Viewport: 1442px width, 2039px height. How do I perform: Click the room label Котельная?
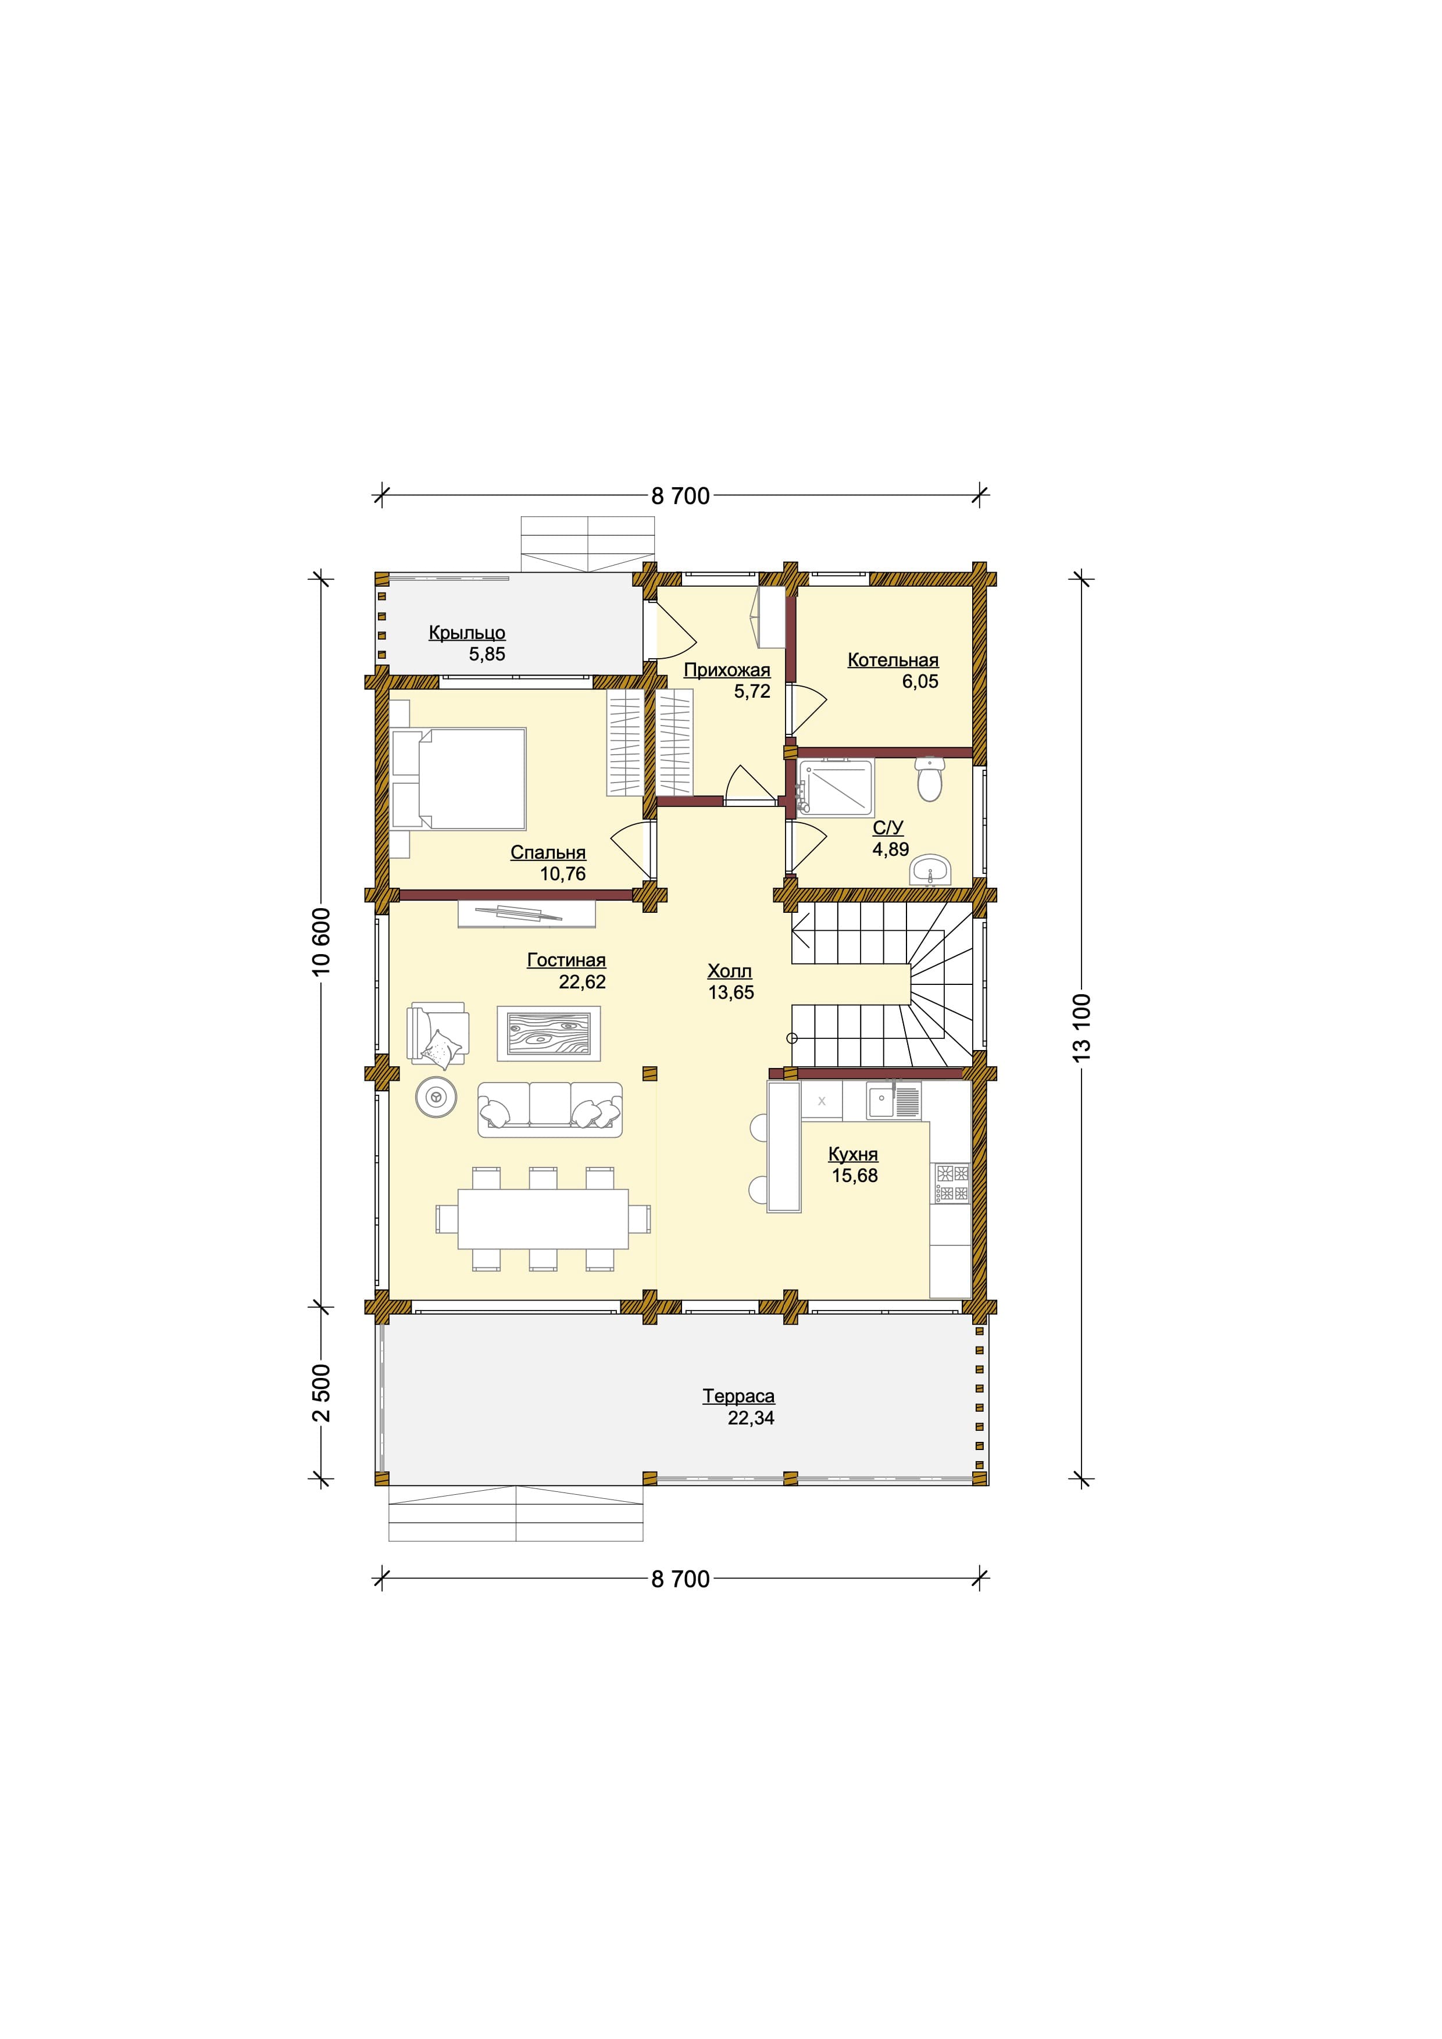(x=893, y=660)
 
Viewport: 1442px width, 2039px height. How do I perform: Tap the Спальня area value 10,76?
(x=563, y=874)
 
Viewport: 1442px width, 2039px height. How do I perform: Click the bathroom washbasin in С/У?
(x=930, y=870)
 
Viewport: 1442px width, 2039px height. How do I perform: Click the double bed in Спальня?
(x=458, y=778)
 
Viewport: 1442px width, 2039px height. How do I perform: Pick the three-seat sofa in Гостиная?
(x=549, y=1109)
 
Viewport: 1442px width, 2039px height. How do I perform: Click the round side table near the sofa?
(x=437, y=1098)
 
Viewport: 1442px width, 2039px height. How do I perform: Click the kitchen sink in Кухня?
(x=894, y=1101)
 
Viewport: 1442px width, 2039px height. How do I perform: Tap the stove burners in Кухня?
(x=952, y=1184)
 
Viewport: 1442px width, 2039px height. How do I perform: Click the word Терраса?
(x=739, y=1396)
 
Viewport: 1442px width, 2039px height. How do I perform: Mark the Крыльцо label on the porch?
(x=467, y=633)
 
